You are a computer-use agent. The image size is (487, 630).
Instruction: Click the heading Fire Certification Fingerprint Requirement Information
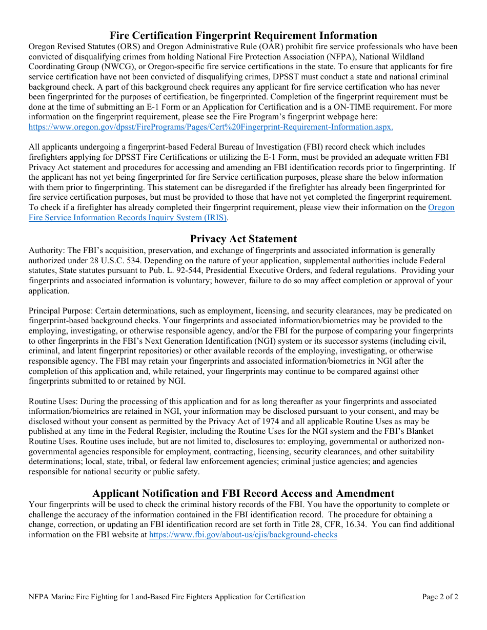[x=243, y=35]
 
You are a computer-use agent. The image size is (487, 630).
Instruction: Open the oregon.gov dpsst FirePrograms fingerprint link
[x=211, y=127]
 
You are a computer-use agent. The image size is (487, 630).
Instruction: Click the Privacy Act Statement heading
[x=243, y=239]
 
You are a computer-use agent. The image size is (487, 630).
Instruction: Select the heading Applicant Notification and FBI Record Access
[x=243, y=493]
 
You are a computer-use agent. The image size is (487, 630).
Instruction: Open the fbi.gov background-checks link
[x=242, y=535]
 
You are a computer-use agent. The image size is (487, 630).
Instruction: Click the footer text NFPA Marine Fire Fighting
[x=167, y=597]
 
